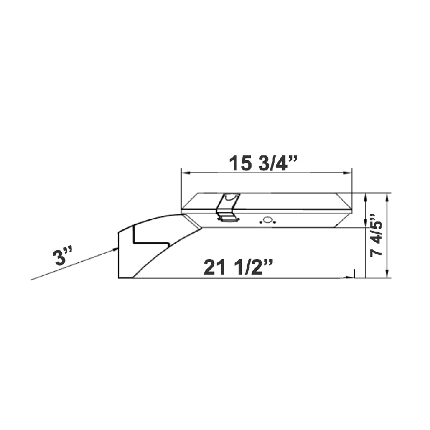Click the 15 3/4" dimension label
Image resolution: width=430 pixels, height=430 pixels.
click(263, 163)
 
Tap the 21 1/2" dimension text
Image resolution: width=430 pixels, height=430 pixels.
click(238, 267)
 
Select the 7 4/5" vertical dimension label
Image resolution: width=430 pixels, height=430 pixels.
click(376, 235)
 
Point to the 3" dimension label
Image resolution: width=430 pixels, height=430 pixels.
click(63, 256)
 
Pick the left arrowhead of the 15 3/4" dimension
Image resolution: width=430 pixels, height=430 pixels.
click(185, 173)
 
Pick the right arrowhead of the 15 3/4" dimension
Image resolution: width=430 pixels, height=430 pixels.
click(347, 173)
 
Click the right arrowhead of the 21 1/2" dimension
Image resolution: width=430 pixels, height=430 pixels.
click(350, 277)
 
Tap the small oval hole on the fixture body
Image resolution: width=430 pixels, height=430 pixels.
click(267, 220)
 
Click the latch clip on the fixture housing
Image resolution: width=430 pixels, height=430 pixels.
click(228, 207)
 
